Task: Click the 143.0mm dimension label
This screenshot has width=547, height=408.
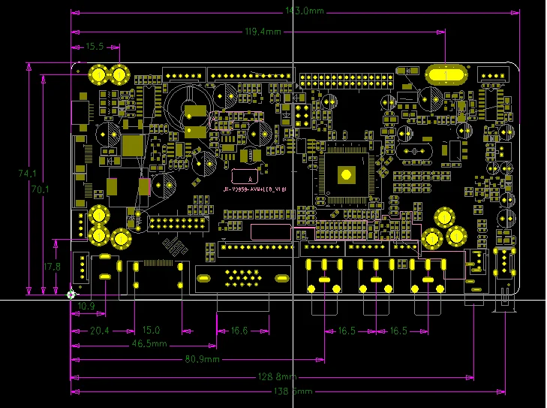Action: click(x=295, y=11)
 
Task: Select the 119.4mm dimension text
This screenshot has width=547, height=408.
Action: click(x=263, y=32)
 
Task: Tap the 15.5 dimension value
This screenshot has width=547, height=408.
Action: click(x=95, y=47)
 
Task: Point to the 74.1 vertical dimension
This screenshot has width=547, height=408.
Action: click(x=28, y=174)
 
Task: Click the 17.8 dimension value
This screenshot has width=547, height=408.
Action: click(x=52, y=267)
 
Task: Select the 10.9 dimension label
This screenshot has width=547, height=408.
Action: click(x=87, y=307)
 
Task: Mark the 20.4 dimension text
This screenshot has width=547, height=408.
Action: click(x=100, y=331)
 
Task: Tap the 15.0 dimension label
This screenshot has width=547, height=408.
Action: click(x=152, y=331)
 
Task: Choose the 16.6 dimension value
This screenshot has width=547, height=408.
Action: click(x=239, y=331)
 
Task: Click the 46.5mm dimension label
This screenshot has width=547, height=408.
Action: click(x=150, y=344)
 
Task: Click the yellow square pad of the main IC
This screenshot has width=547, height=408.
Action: click(x=346, y=174)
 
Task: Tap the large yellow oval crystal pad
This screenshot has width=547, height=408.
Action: click(x=446, y=75)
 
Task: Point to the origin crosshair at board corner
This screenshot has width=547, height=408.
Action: click(x=71, y=294)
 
